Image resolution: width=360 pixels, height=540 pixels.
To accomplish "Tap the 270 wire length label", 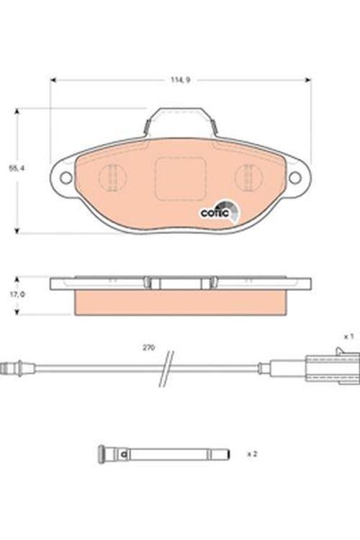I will [148, 348].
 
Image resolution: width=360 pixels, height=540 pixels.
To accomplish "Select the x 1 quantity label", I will [348, 336].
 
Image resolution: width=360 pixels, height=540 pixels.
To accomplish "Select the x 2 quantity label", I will [251, 454].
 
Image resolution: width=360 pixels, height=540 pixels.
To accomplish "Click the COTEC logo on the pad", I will [217, 210].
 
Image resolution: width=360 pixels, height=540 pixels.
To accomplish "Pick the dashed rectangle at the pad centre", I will [180, 177].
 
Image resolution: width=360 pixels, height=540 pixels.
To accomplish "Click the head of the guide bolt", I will [103, 454].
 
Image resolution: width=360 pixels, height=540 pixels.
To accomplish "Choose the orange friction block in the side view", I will [180, 302].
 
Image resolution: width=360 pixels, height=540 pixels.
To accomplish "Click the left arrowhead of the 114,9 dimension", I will [53, 79].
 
